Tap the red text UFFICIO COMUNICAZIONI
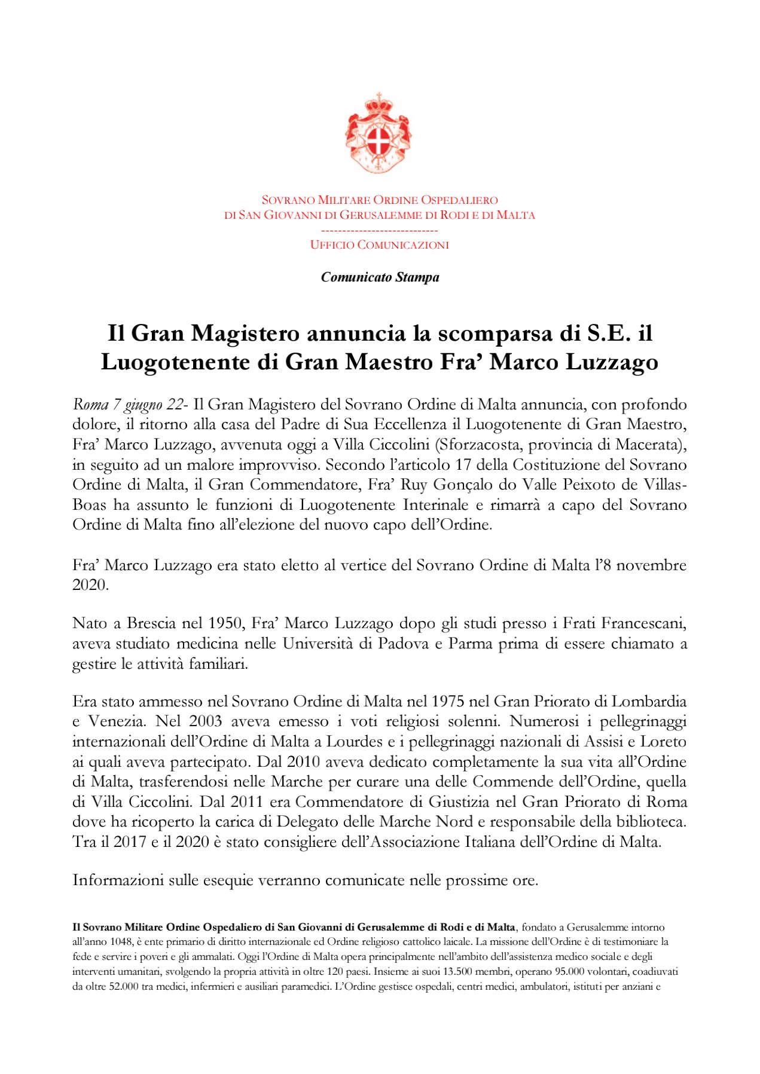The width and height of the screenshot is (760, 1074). coord(379,245)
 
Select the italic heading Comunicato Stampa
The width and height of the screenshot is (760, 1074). coord(380,277)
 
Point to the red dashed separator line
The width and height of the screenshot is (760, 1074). coord(379,231)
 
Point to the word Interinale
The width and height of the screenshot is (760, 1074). coord(436,505)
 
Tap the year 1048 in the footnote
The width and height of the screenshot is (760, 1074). coord(120,941)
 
